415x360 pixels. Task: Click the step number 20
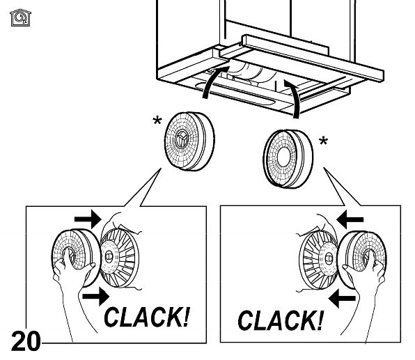click(26, 341)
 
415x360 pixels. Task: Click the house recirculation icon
click(20, 17)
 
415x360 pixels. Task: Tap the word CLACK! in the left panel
click(147, 317)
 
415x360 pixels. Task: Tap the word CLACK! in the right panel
click(281, 320)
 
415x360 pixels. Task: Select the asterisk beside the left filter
click(157, 120)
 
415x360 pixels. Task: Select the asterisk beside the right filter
click(323, 141)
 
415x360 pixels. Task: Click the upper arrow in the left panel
click(88, 219)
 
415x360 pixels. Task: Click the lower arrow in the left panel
click(96, 297)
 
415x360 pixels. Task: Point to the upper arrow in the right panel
click(350, 219)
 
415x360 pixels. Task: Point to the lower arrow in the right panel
click(342, 298)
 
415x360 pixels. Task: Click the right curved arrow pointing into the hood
click(294, 98)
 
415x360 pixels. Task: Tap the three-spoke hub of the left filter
click(182, 139)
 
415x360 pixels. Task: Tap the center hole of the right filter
click(284, 157)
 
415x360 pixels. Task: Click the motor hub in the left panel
click(109, 256)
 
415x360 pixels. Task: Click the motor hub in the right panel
click(329, 258)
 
